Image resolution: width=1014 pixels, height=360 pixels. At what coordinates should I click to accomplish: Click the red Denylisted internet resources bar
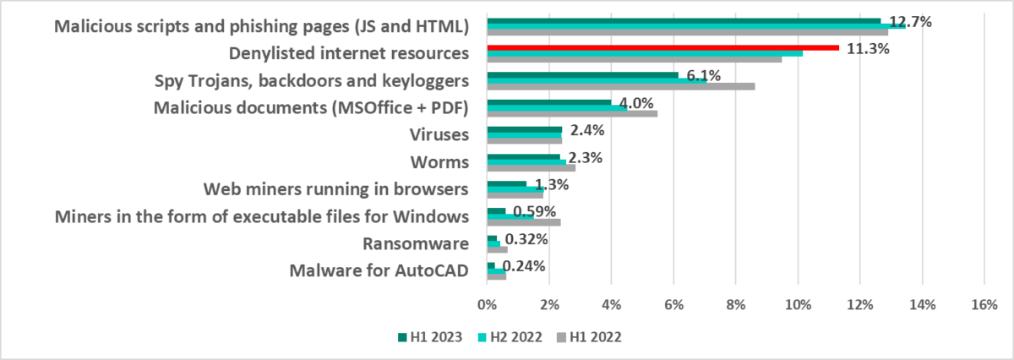pyautogui.click(x=663, y=47)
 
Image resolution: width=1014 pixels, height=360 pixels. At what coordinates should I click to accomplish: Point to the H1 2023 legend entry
pyautogui.click(x=430, y=337)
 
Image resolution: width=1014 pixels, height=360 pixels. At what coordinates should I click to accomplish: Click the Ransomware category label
pyautogui.click(x=415, y=244)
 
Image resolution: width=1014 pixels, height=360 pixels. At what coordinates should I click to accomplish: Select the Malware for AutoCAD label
pyautogui.click(x=379, y=271)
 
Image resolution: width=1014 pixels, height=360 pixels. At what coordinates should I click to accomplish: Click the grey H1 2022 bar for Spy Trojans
pyautogui.click(x=621, y=85)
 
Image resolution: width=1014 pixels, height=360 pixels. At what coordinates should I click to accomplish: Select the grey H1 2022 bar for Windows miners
pyautogui.click(x=524, y=222)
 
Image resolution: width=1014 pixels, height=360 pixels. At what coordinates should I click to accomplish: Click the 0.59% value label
pyautogui.click(x=534, y=211)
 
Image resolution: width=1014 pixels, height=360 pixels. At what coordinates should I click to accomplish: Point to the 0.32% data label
pyautogui.click(x=526, y=239)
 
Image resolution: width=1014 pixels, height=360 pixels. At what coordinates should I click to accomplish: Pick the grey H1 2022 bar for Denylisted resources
pyautogui.click(x=635, y=59)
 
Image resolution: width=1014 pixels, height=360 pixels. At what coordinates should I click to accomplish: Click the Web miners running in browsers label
pyautogui.click(x=338, y=189)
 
